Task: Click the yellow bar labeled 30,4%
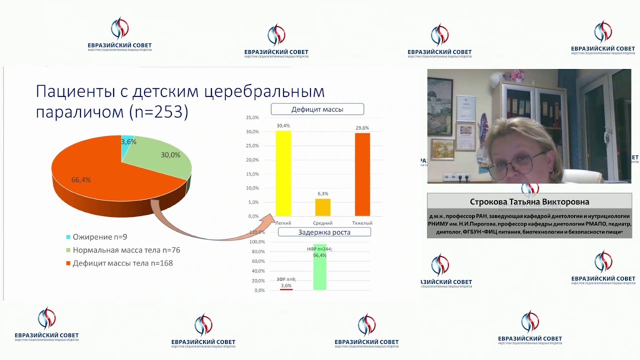tap(283, 173)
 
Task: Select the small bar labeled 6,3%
tap(322, 207)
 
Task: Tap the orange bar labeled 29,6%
tap(362, 174)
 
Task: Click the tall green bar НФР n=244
tap(319, 267)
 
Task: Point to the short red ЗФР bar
tap(286, 289)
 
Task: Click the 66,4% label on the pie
tap(81, 180)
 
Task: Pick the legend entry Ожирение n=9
tap(96, 237)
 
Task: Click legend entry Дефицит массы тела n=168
tap(122, 263)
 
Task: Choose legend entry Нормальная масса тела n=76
tap(126, 250)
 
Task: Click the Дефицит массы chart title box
tap(317, 109)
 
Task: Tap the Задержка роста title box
tap(324, 232)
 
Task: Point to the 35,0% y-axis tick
tap(252, 117)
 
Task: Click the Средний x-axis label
tap(322, 223)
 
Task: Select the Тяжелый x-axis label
tap(362, 223)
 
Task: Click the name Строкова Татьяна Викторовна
tap(529, 202)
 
